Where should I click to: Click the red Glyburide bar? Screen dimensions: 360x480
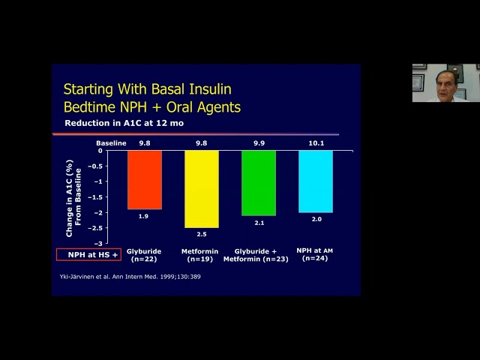click(144, 179)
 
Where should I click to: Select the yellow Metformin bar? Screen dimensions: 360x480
click(202, 188)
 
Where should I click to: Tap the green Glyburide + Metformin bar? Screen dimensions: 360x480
click(259, 182)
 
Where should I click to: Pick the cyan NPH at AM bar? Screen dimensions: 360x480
click(315, 181)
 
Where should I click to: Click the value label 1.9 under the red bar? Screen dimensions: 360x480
click(144, 217)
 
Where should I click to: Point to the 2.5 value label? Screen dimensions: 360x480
click(202, 235)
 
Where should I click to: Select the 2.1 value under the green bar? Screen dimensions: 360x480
click(259, 223)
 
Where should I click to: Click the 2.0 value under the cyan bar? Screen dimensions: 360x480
click(316, 220)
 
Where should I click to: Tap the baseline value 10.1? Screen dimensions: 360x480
click(316, 142)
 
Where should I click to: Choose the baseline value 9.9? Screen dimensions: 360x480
click(259, 142)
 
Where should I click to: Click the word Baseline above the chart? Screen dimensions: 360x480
click(112, 142)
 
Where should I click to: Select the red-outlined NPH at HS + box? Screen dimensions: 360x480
click(88, 255)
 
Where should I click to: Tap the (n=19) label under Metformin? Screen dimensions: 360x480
click(199, 259)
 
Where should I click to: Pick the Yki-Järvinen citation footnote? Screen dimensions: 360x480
click(130, 277)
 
